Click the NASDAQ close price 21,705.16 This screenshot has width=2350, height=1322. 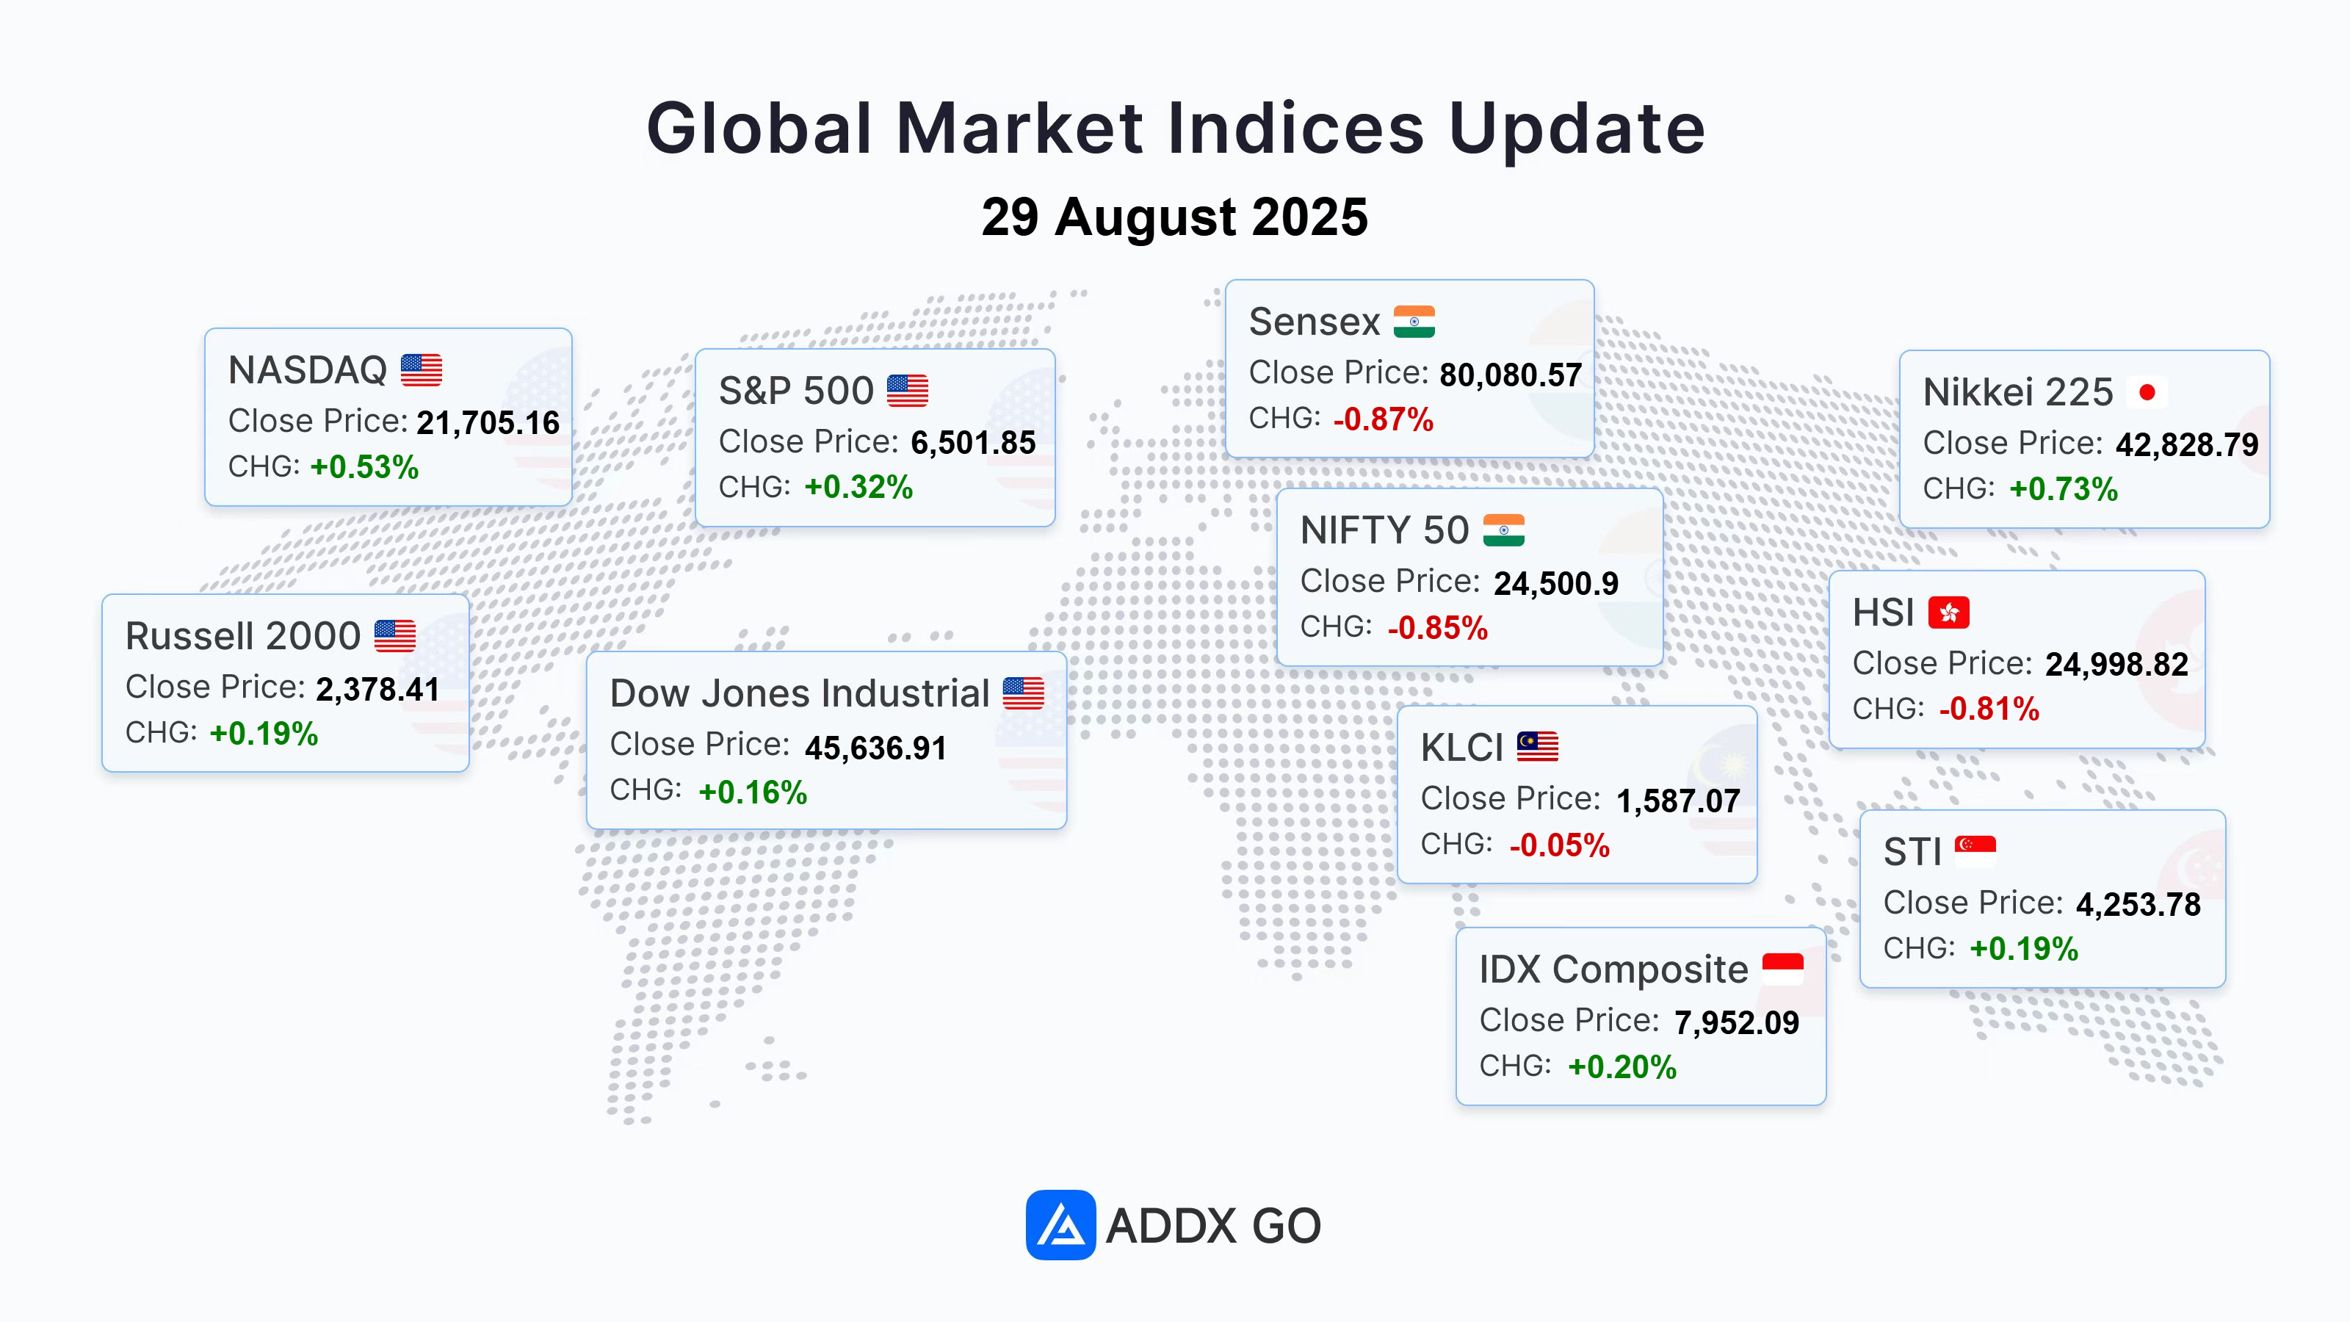(x=488, y=422)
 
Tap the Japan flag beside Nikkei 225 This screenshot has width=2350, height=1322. (x=2147, y=392)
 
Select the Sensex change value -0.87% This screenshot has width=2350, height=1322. (x=1383, y=419)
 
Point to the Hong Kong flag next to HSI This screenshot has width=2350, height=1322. (x=1948, y=613)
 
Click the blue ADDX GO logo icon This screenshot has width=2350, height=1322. (x=1060, y=1224)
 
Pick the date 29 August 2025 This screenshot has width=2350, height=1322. (x=1175, y=217)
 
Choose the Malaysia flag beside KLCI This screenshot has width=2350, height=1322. (x=1537, y=746)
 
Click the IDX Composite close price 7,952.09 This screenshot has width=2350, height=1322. (x=1737, y=1023)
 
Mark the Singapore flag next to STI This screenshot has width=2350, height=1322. (x=1975, y=850)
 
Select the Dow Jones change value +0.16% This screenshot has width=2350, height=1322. (x=753, y=792)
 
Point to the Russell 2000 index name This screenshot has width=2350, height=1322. (x=242, y=636)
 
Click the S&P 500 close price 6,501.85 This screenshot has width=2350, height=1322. (x=973, y=442)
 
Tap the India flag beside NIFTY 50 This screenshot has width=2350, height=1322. (x=1503, y=530)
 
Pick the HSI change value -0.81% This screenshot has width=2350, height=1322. (x=1989, y=708)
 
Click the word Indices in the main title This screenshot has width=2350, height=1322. (x=1295, y=128)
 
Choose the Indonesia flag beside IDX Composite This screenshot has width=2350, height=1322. (x=1782, y=968)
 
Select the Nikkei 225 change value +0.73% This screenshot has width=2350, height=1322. (x=2064, y=489)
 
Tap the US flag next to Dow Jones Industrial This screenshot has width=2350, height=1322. (x=1024, y=693)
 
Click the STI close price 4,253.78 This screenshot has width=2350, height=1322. (x=2138, y=904)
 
